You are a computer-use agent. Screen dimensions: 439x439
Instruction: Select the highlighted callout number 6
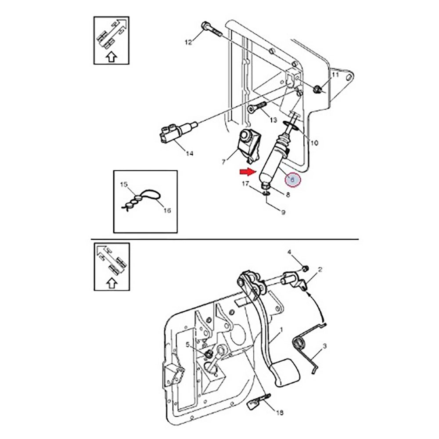tap(291, 180)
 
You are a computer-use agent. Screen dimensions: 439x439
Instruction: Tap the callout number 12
tap(188, 42)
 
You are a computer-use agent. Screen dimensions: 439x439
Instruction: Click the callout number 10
tap(314, 143)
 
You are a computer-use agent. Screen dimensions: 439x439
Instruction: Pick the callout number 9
tap(283, 212)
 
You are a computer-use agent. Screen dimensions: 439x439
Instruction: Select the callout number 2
tap(320, 270)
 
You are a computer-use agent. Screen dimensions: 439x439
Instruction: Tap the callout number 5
tap(188, 345)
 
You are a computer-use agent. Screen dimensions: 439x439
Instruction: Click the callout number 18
tap(280, 413)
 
